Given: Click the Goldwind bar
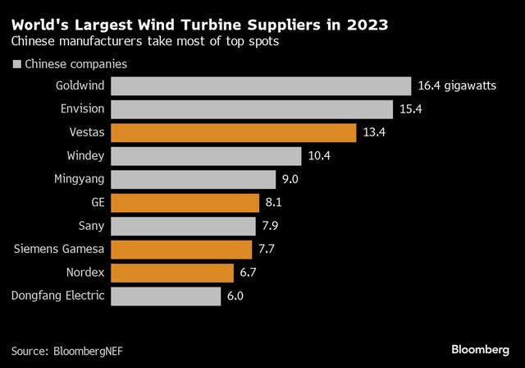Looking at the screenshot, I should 260,85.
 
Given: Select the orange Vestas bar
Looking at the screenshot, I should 233,132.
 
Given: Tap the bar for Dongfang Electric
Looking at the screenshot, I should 165,296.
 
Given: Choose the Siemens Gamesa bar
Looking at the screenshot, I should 180,249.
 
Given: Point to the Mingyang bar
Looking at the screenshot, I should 193,179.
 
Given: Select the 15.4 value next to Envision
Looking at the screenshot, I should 410,108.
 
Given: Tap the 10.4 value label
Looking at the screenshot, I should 318,155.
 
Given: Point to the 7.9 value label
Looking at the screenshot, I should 272,225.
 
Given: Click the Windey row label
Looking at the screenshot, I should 84,155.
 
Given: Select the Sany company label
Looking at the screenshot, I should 91,225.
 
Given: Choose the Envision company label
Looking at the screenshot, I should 82,108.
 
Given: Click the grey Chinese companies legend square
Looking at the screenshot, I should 16,64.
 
